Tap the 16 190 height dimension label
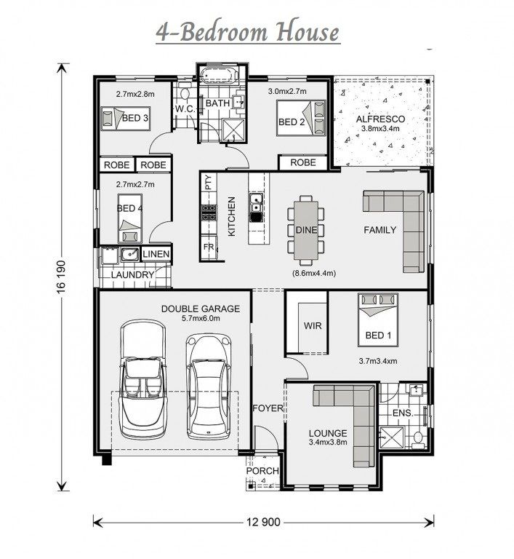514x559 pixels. pos(61,278)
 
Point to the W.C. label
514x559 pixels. pos(185,108)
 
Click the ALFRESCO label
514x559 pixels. pos(380,119)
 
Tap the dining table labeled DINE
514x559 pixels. pos(306,230)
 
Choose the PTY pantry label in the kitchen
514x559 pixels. pos(209,182)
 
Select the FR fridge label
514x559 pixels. pos(209,247)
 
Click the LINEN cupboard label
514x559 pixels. pos(156,254)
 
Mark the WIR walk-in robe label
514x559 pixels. pos(313,325)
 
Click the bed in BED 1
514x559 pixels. pos(378,320)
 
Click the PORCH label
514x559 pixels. pos(262,471)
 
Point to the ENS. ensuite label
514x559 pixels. pos(403,413)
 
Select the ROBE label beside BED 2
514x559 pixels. pos(302,162)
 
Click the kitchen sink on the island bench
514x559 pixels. pos(256,203)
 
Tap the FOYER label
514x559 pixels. pos(268,408)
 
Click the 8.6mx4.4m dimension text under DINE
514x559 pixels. pos(314,274)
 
